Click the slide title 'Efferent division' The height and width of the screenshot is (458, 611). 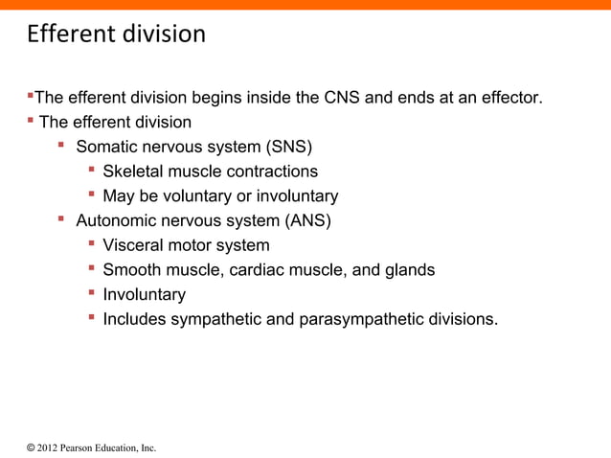(x=116, y=35)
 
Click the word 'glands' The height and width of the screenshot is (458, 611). (x=409, y=270)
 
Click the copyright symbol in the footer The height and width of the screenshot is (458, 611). (x=31, y=447)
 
